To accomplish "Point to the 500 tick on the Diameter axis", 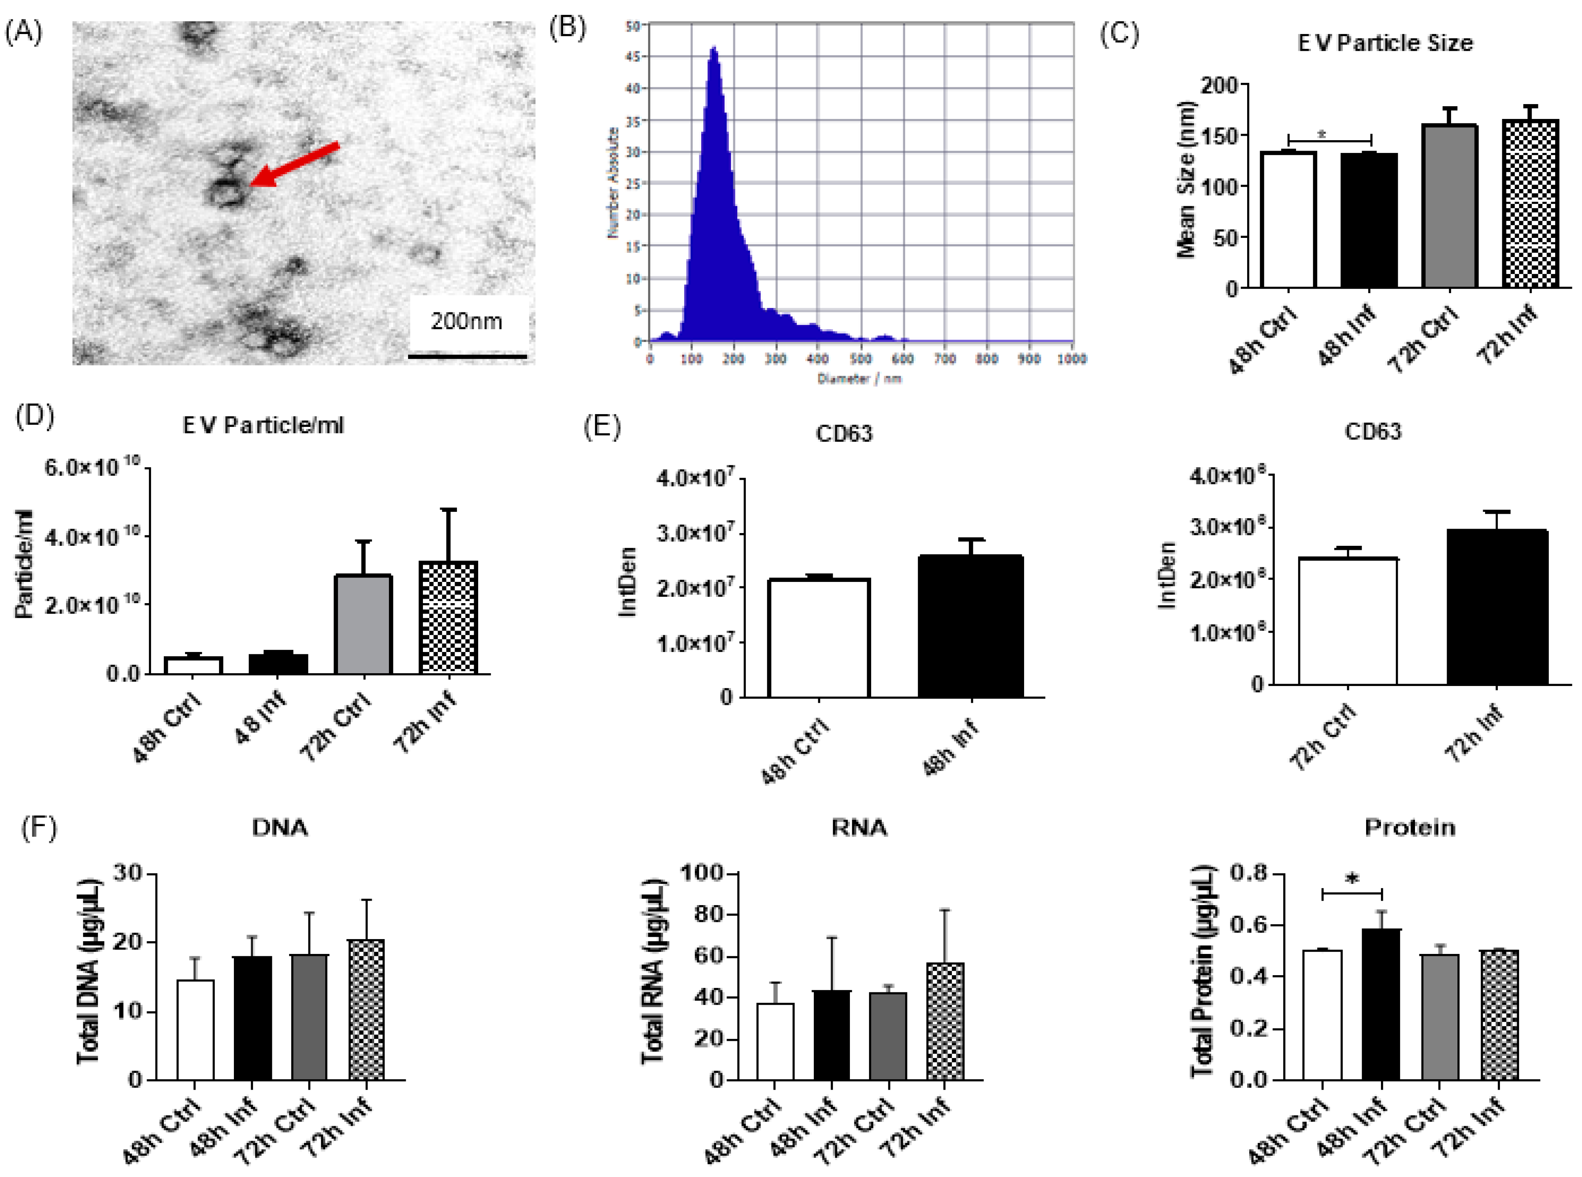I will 861,358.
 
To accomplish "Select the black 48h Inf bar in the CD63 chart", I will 970,626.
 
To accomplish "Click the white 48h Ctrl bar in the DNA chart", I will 195,1030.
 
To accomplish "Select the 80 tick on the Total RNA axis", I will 709,914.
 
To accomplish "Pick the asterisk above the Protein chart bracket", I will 1351,879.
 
